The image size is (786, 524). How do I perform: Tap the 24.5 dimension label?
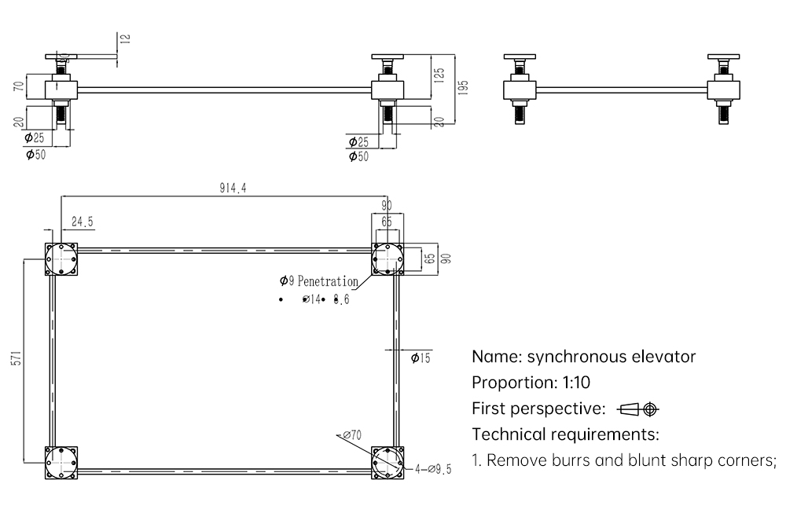(83, 222)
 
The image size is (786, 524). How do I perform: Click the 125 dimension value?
(439, 74)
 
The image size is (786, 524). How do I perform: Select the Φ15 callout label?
(421, 359)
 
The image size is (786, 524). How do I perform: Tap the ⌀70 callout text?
(351, 434)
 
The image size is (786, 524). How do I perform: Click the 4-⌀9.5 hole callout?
(434, 470)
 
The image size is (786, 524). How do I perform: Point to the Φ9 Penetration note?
(318, 281)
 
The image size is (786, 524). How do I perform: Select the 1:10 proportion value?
(572, 383)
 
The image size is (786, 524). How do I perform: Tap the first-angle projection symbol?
(638, 409)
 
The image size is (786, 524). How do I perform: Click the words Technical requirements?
(564, 434)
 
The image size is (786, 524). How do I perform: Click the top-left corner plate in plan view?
(61, 258)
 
